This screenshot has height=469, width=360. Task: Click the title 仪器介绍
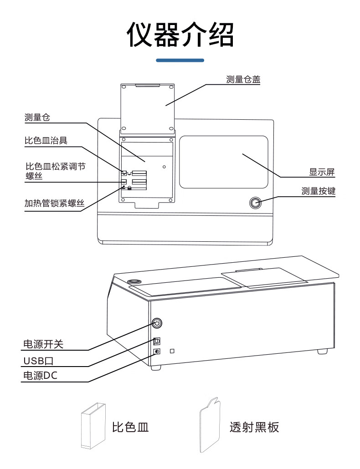(180, 35)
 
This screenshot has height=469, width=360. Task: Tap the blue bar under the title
(180, 60)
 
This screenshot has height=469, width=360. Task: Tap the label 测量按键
(318, 191)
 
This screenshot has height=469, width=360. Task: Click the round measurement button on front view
(255, 203)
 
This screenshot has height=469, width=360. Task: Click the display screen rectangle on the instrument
(223, 162)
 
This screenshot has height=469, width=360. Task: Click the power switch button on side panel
(156, 323)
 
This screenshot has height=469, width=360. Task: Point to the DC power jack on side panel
(157, 352)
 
